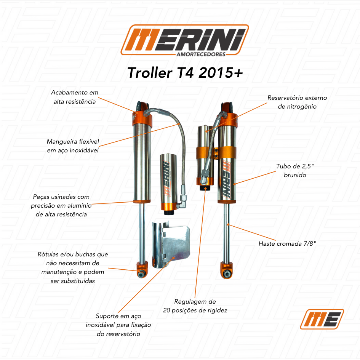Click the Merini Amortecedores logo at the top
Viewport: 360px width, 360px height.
click(x=185, y=40)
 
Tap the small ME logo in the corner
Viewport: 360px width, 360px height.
click(x=322, y=319)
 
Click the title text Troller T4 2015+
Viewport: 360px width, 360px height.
click(x=185, y=72)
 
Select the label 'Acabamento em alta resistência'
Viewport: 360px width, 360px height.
click(x=75, y=97)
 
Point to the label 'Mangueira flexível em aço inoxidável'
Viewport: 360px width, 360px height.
click(x=73, y=146)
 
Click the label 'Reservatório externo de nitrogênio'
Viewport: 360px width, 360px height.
click(x=297, y=102)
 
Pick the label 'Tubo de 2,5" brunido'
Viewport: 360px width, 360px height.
click(x=295, y=171)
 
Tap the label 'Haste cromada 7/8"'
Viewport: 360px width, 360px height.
click(x=287, y=243)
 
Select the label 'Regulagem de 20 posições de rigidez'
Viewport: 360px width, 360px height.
click(x=195, y=306)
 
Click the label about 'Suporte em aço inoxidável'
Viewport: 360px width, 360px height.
click(x=118, y=325)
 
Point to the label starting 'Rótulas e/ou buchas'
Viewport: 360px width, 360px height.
click(x=72, y=267)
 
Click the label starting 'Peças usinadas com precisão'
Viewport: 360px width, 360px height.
click(x=61, y=205)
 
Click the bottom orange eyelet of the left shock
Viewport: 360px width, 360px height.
click(x=142, y=270)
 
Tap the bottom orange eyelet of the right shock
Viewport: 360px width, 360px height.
click(x=227, y=270)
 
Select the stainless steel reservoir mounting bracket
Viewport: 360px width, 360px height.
click(x=171, y=244)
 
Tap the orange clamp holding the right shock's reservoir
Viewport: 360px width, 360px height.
click(x=216, y=153)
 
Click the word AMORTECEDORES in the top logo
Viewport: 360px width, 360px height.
click(x=201, y=54)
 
